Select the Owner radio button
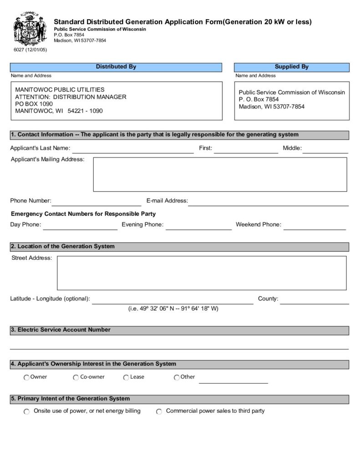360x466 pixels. (26, 378)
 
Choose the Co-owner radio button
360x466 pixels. (76, 378)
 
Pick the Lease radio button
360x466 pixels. (126, 378)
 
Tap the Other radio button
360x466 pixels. (177, 378)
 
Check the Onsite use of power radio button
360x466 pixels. (26, 412)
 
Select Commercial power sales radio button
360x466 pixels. (159, 412)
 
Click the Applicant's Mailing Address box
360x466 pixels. (220, 174)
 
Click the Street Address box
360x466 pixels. (201, 273)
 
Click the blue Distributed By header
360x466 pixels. (116, 67)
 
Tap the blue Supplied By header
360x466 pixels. (292, 67)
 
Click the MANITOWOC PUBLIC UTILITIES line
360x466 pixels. (60, 90)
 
